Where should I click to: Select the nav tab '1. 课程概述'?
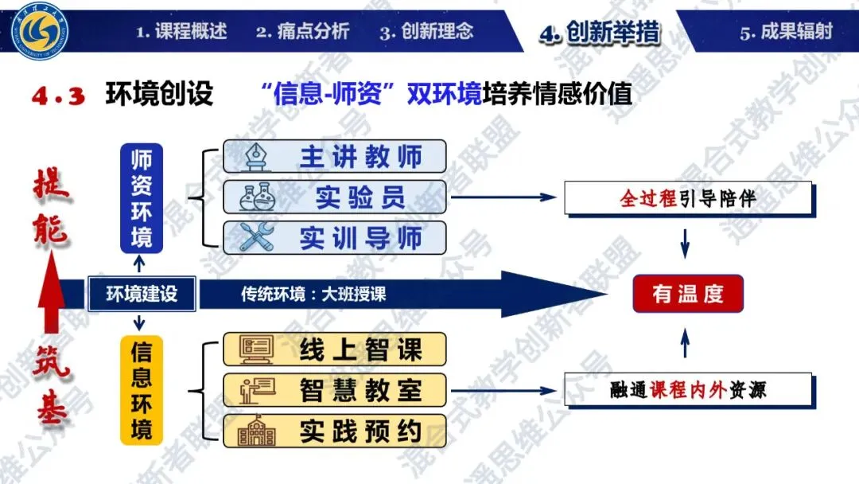coord(181,32)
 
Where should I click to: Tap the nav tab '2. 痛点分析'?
coord(302,32)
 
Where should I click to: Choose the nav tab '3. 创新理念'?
coord(426,32)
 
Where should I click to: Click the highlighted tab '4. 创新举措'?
coord(599,33)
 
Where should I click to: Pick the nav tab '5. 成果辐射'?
coord(786,32)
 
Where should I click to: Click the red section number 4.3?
coord(58,96)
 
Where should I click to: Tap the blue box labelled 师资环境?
coord(142,197)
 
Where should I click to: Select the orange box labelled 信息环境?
coord(142,390)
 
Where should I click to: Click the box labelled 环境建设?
coord(142,294)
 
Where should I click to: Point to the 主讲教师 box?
coord(334,156)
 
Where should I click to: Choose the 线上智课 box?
coord(334,349)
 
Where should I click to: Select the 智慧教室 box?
coord(334,390)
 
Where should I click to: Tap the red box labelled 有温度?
coord(688,294)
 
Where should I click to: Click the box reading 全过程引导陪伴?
coord(688,198)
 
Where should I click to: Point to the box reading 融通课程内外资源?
coord(688,390)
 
